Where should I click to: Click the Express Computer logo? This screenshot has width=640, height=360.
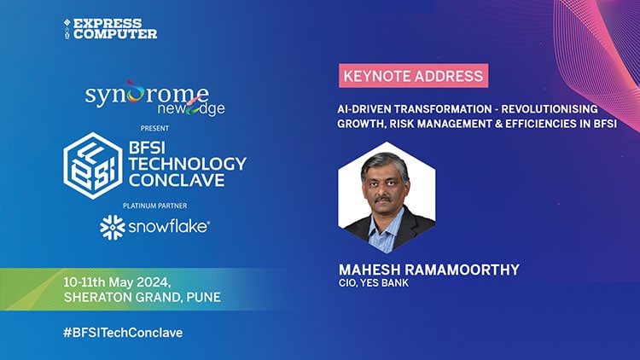coord(110,28)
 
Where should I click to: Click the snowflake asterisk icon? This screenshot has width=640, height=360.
coord(112,228)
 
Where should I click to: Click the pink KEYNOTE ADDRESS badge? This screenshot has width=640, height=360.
coord(413,75)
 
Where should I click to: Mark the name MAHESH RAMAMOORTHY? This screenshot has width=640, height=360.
coord(429,270)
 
